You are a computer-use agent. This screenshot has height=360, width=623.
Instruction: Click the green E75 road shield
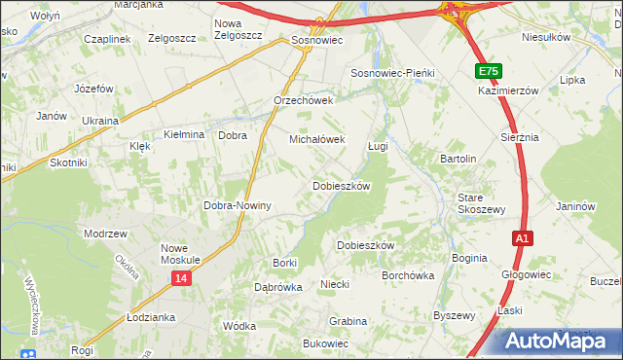[x=489, y=71]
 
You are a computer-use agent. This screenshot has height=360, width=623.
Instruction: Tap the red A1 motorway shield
[x=523, y=237]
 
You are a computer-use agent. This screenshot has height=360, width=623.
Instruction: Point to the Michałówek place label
[x=317, y=139]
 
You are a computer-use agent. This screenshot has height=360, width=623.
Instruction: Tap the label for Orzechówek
[x=304, y=100]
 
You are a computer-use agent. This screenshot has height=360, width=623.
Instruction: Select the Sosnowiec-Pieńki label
[x=390, y=74]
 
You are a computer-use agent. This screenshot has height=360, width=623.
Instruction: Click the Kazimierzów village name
[x=508, y=90]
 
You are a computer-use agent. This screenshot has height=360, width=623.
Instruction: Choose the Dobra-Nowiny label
[x=237, y=206]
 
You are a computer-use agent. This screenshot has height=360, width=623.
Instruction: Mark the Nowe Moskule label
[x=181, y=254]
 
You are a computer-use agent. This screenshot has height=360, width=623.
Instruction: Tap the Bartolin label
[x=458, y=159]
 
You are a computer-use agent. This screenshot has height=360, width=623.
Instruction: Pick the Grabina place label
[x=348, y=321]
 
